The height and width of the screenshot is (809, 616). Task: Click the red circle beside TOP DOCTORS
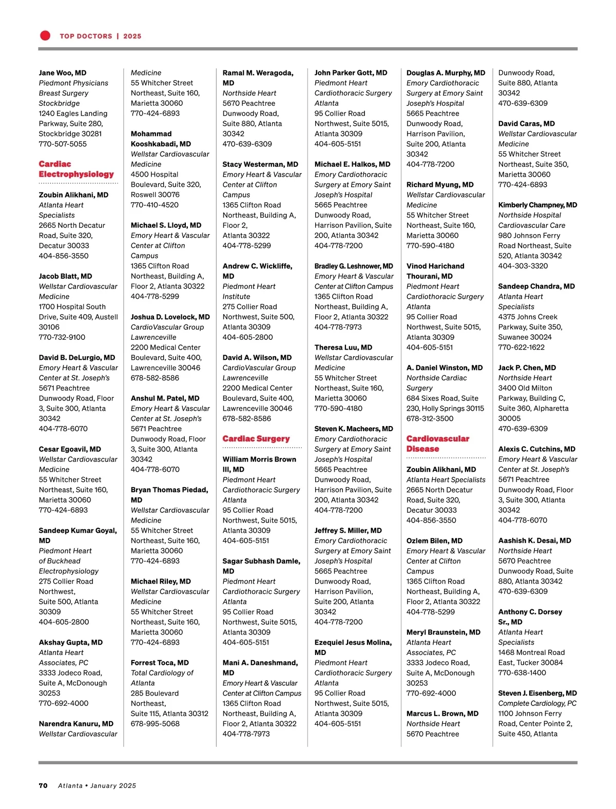tap(45, 35)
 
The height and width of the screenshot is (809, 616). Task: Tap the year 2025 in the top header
tap(132, 36)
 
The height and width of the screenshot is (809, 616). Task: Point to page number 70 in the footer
tap(43, 785)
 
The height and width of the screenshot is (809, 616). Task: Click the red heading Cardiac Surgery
tap(256, 439)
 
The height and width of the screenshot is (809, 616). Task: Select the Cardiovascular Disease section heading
tap(437, 444)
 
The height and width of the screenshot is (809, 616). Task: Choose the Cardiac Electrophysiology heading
tap(76, 169)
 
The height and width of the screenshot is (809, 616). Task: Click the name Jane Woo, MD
tap(63, 73)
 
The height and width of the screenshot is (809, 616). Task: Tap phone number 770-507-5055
tap(63, 144)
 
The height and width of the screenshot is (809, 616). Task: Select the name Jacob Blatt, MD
tap(65, 276)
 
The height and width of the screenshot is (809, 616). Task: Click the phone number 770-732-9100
tap(62, 337)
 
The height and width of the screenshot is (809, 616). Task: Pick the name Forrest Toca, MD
tap(160, 663)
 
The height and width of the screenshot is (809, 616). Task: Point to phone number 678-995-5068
tap(155, 724)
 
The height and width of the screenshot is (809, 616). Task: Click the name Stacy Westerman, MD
tap(260, 164)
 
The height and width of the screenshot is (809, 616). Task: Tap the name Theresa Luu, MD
tap(343, 348)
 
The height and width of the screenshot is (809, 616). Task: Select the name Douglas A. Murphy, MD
tap(446, 73)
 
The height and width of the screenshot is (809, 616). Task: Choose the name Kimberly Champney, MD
tap(537, 205)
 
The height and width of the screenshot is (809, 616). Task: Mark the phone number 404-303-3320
tap(523, 266)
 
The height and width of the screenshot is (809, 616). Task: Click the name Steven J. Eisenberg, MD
tap(537, 693)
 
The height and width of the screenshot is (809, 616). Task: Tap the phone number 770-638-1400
tap(522, 672)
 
